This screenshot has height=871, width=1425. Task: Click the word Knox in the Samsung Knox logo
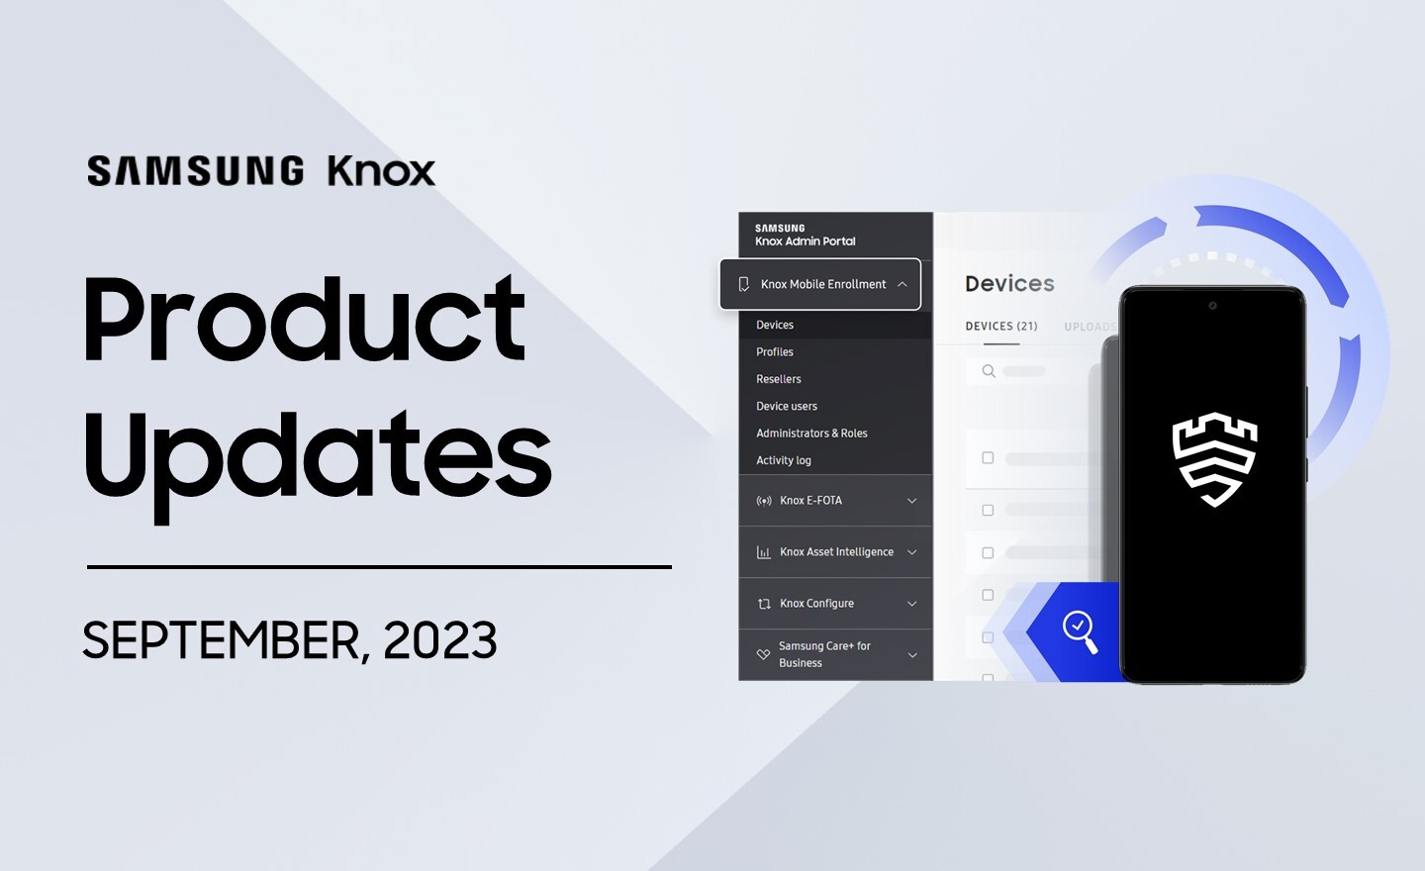[x=381, y=171]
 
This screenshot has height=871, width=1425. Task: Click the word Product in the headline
[x=304, y=320]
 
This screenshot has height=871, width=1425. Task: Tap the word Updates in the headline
[x=317, y=455]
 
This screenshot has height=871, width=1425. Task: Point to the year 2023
[x=439, y=640]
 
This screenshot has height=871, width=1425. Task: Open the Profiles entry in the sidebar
[x=775, y=352]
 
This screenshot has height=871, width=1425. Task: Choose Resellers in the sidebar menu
[x=779, y=379]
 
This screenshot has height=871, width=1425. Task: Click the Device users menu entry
[x=787, y=406]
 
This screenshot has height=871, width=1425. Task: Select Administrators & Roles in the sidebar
[x=811, y=434]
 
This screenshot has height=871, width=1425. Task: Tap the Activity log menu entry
[x=784, y=460]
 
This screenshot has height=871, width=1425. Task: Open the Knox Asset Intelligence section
[x=835, y=552]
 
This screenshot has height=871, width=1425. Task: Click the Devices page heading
[x=1009, y=284]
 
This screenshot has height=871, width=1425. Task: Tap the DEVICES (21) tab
[x=1001, y=327]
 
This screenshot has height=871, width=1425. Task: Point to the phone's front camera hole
[x=1212, y=306]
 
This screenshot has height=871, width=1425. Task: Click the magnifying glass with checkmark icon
[x=1080, y=630]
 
